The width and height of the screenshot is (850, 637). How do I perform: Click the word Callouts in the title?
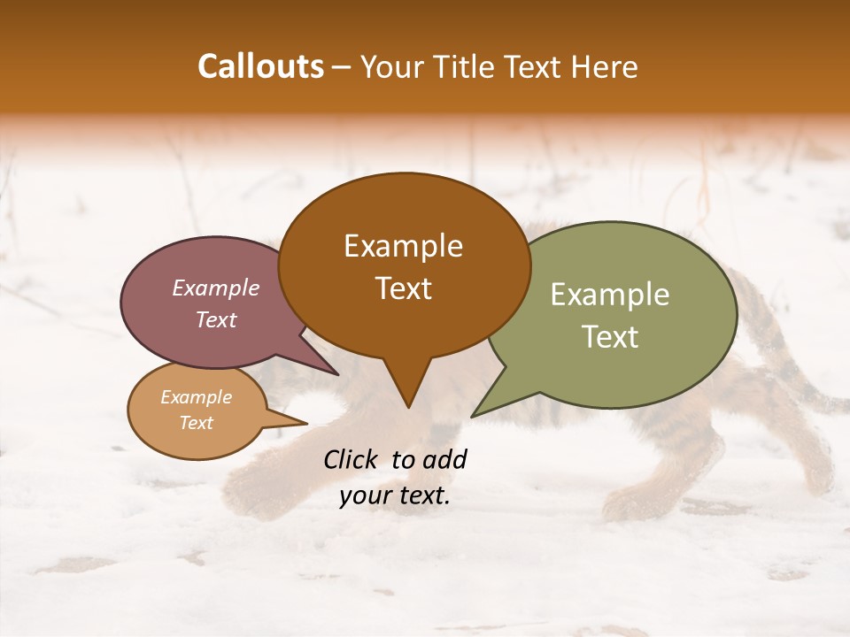click(260, 66)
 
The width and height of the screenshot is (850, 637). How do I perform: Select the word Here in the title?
click(604, 66)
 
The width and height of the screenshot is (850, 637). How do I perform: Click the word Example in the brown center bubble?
click(403, 246)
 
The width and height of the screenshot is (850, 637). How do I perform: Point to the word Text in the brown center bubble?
click(403, 288)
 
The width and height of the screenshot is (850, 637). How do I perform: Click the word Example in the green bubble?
click(610, 295)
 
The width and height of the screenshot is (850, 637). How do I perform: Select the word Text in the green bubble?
click(610, 337)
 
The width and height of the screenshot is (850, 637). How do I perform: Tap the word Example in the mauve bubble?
click(216, 288)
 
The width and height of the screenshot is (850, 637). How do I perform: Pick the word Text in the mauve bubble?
click(216, 319)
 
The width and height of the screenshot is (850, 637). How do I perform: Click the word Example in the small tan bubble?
click(197, 397)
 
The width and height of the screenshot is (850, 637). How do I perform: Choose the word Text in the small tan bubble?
click(197, 422)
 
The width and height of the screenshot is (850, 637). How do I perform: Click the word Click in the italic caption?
click(352, 459)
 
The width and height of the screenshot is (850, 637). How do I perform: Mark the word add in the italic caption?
click(445, 459)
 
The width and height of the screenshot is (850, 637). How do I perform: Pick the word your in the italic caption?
click(363, 495)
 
